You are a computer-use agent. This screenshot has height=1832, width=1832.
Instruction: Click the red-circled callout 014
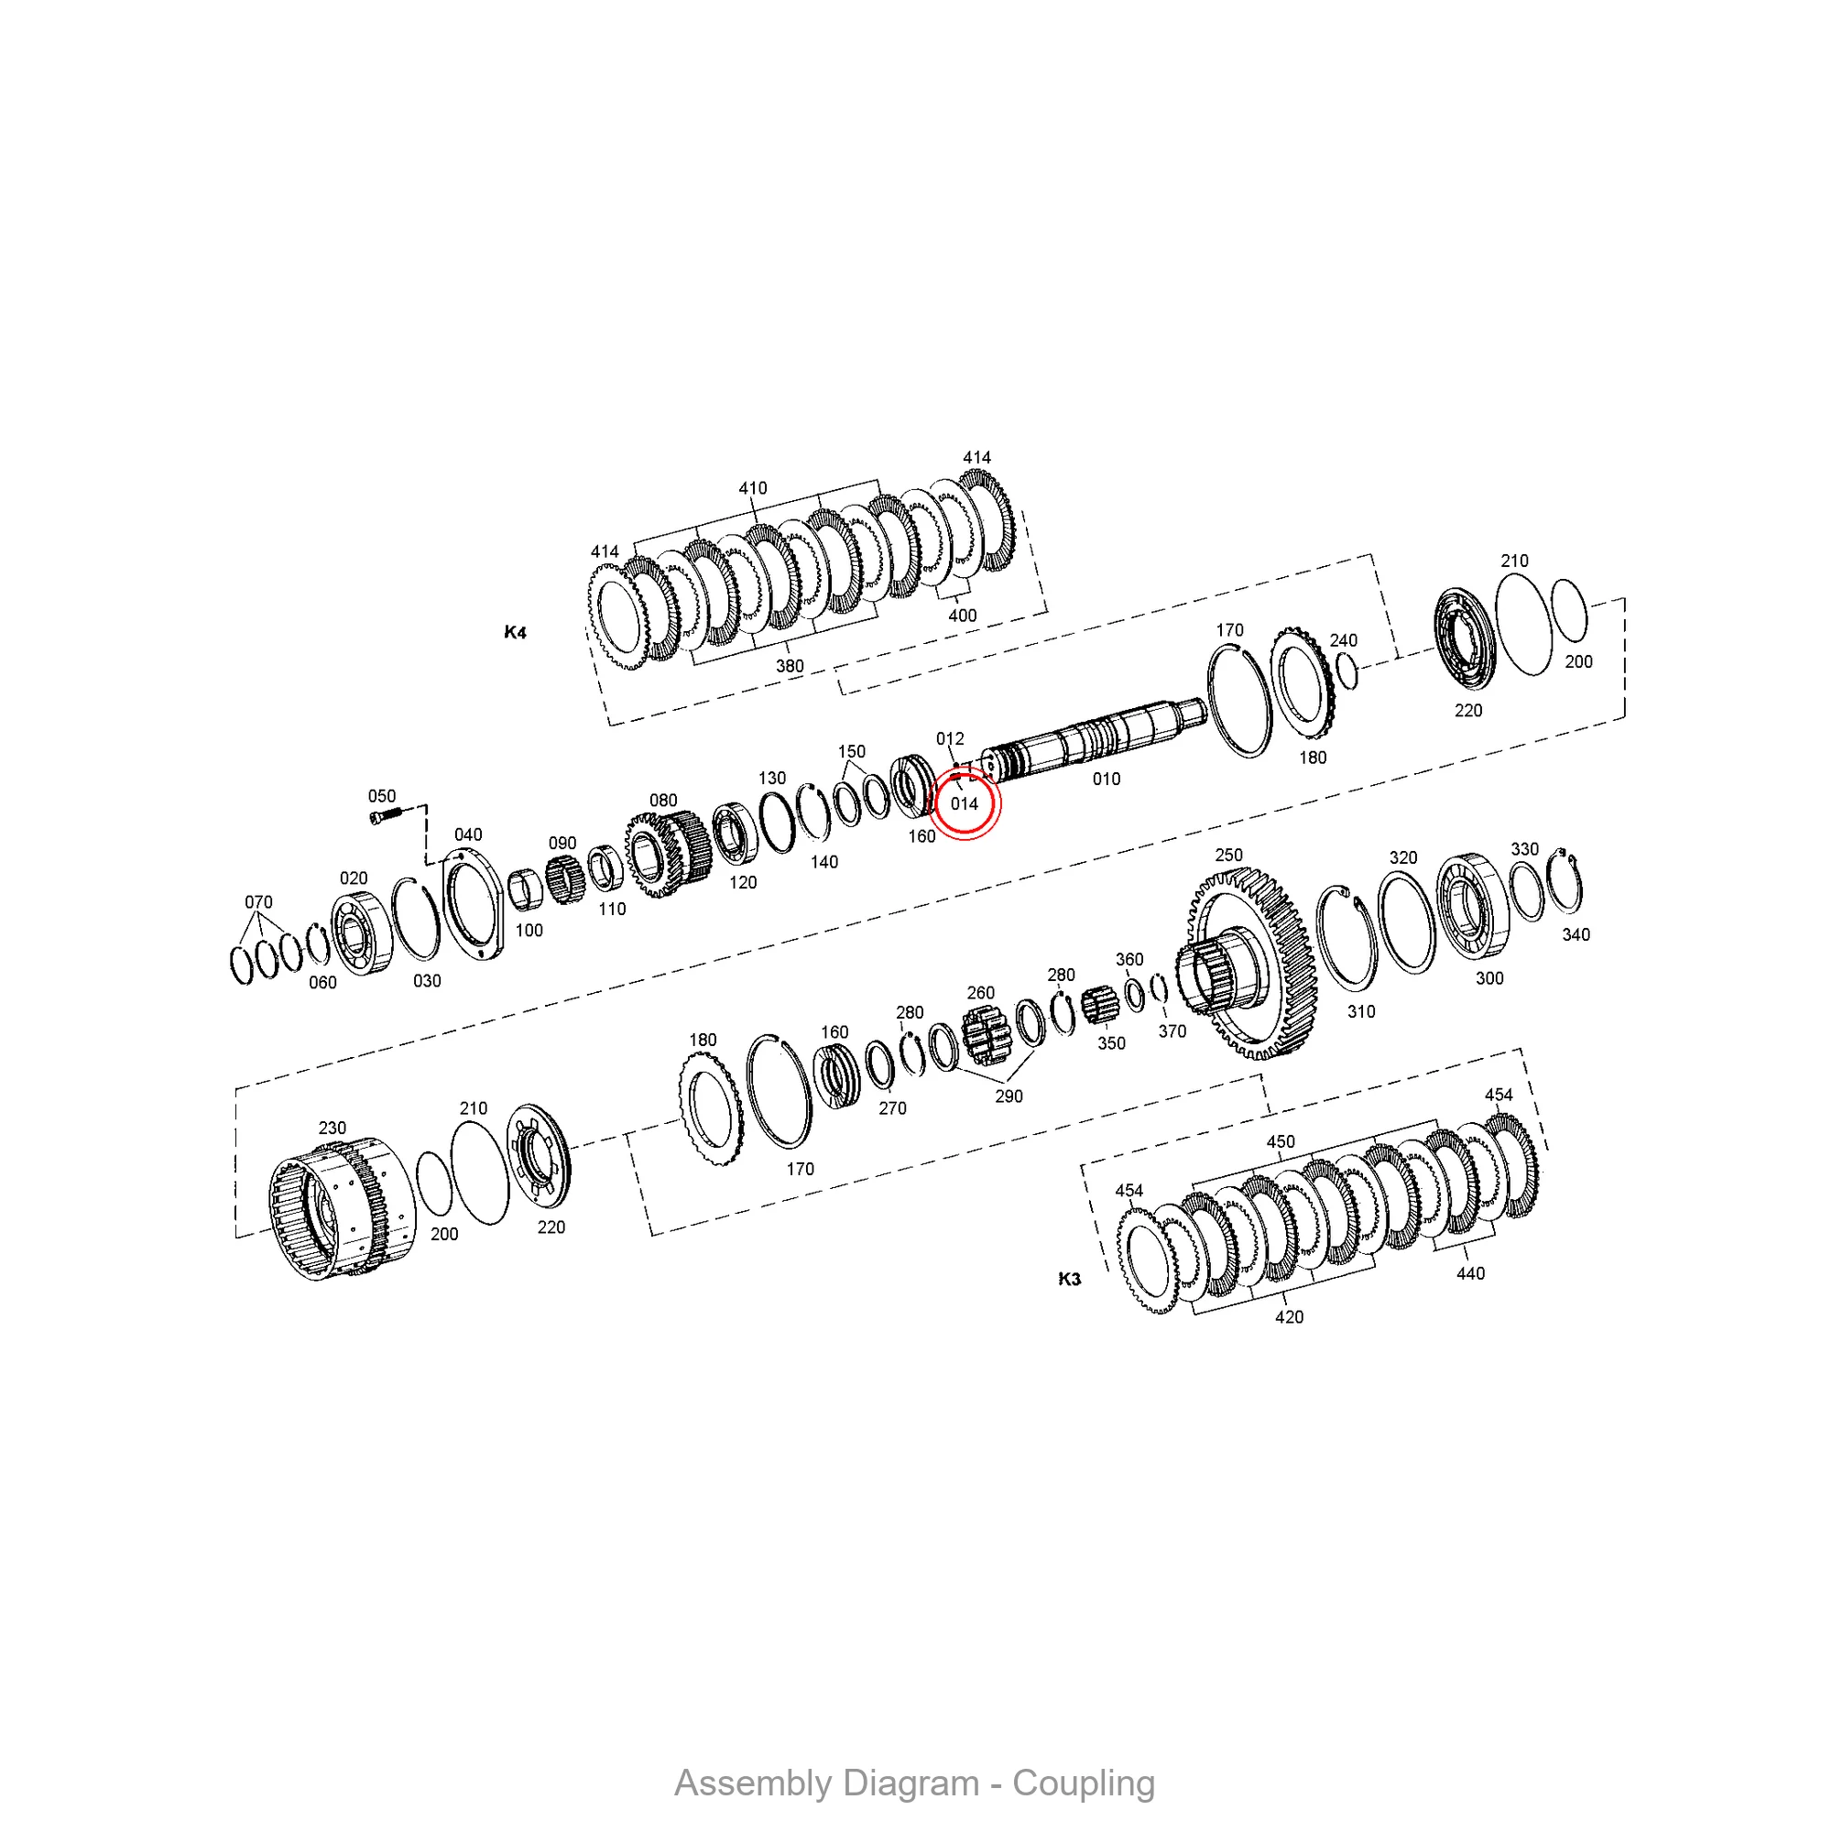tap(964, 804)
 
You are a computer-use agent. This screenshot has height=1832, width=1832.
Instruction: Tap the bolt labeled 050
tap(384, 815)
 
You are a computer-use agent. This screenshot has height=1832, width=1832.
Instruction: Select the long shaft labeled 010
tap(1090, 738)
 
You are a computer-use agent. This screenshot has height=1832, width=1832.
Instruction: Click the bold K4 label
tap(515, 632)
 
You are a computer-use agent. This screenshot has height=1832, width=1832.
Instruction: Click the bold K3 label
tap(1069, 1279)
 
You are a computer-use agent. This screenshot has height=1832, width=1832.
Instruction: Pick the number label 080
tap(663, 801)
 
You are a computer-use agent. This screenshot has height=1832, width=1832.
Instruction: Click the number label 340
tap(1576, 935)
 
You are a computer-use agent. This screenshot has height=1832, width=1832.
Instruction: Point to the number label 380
tap(790, 667)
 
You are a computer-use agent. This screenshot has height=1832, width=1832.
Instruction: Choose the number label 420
tap(1289, 1317)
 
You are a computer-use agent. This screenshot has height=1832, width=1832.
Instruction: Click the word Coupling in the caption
tap(1083, 1783)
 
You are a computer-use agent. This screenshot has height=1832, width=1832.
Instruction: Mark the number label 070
tap(258, 901)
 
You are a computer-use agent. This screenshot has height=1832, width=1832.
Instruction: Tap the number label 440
tap(1470, 1273)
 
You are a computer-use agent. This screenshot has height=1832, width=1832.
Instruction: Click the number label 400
tap(962, 616)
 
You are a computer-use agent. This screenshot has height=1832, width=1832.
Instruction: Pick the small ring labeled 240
tap(1347, 672)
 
